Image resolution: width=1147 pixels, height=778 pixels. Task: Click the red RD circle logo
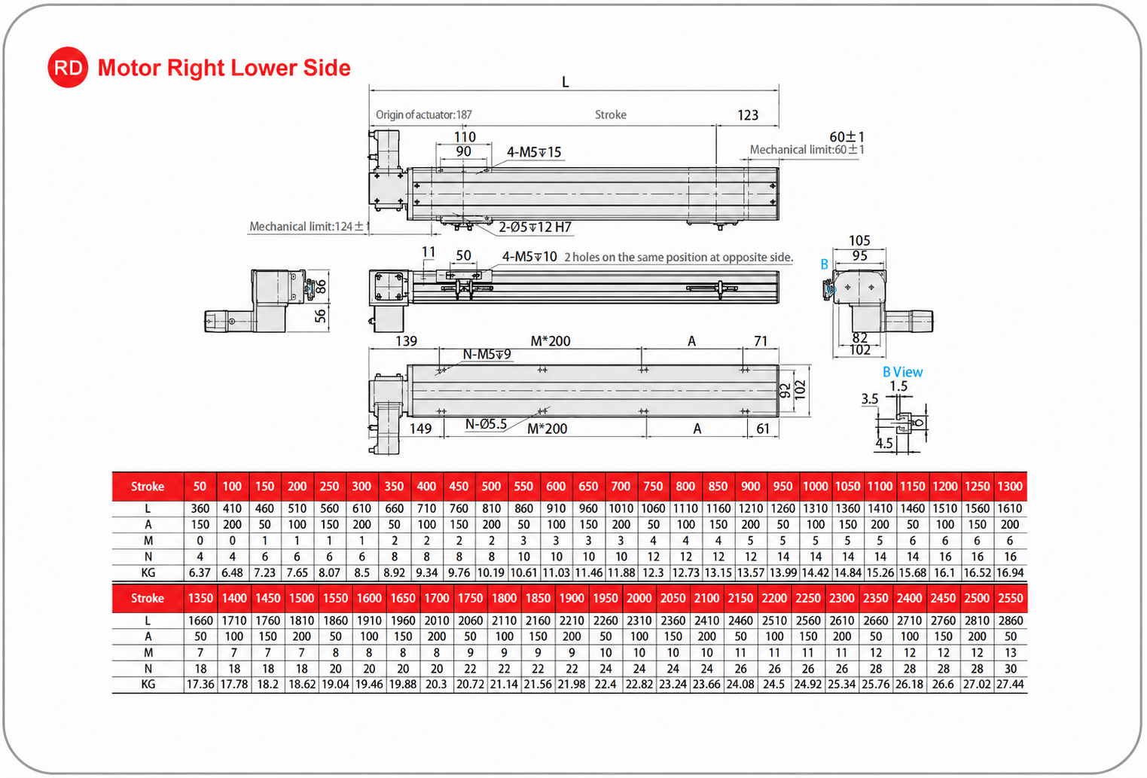coord(68,67)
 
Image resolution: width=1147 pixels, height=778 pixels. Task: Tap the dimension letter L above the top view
coord(566,82)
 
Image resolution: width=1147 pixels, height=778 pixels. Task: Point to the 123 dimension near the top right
coord(748,115)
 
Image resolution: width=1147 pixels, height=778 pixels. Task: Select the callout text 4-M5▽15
coord(534,152)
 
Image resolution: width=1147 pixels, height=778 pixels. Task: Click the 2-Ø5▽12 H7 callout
coord(535,227)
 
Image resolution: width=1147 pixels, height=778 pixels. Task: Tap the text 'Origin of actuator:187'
coord(423,114)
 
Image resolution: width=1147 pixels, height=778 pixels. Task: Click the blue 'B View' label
coord(902,372)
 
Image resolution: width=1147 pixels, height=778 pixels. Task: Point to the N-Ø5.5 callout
coord(486,424)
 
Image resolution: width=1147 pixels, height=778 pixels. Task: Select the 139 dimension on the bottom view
coord(407,341)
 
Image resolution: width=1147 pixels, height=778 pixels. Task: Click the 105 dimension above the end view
coord(859,241)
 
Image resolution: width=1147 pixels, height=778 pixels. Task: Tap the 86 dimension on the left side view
coord(321,287)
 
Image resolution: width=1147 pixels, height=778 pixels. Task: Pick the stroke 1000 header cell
coord(815,486)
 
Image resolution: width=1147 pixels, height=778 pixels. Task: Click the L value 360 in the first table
coord(200,508)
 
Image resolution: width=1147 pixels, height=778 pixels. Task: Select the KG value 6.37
coord(200,572)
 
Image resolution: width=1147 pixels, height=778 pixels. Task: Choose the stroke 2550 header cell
coord(1010,598)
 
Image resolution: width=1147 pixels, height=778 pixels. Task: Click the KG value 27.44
coord(1010,685)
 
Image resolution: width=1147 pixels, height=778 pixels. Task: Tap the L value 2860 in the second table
coord(1010,621)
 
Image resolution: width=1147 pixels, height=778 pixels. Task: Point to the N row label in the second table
coord(148,668)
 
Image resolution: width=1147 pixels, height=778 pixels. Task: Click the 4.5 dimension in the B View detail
coord(884,444)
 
